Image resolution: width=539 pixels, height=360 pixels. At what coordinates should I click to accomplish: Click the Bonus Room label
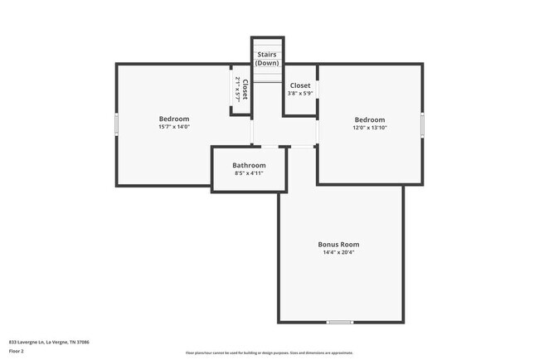pos(338,245)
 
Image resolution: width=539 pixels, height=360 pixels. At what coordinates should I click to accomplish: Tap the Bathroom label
pos(249,165)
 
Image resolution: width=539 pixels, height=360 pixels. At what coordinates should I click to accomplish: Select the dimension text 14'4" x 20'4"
pos(338,254)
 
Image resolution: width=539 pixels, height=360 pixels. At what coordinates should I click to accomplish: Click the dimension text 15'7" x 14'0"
pos(174,127)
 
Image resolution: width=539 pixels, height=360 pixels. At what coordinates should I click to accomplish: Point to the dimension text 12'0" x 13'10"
pos(370,128)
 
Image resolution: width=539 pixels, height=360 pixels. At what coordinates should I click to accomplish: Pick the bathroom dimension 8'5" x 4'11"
pos(249,173)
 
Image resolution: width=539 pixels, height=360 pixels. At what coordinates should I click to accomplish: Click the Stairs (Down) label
pos(268,58)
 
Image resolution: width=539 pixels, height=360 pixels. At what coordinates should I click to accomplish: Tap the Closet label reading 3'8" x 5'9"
pos(300,85)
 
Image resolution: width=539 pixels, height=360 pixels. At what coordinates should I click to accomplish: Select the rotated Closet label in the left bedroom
pos(245,90)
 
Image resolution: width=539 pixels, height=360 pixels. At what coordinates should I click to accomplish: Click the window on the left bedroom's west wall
pos(116,124)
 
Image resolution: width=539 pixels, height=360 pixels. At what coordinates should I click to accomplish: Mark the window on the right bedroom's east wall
pos(422,124)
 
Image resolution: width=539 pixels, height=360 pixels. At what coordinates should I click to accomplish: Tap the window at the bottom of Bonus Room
pos(340,322)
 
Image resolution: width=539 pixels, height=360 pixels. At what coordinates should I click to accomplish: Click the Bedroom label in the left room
pos(174,119)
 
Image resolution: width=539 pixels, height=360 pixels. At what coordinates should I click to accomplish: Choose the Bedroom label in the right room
pos(370,119)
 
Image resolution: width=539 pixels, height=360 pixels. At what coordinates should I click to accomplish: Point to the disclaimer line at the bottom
pos(269,353)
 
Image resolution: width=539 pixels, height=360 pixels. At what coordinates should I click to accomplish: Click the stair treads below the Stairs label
pos(268,75)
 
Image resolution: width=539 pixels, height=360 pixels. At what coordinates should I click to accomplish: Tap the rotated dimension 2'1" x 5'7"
pos(237,90)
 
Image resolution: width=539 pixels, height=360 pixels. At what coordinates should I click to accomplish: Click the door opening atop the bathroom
pos(269,147)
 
